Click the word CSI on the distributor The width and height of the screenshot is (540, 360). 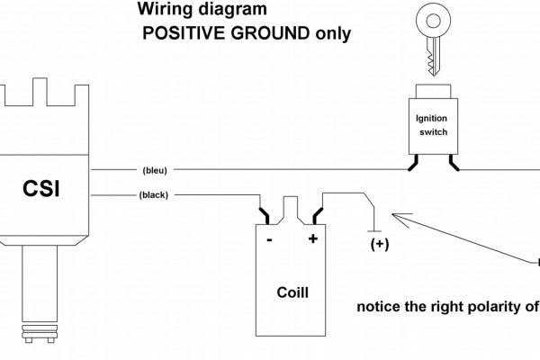click(44, 190)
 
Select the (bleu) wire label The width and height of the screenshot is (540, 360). click(154, 169)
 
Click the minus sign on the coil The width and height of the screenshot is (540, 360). click(270, 240)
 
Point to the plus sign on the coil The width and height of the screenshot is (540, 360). click(312, 239)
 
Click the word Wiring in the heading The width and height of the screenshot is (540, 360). click(162, 12)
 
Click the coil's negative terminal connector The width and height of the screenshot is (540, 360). click(267, 216)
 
